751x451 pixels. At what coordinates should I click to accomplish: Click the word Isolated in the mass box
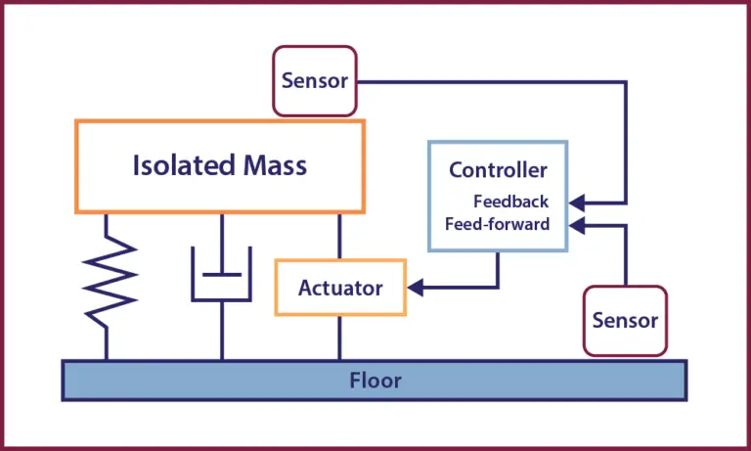coord(184,165)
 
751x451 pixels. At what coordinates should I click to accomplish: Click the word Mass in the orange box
coord(275,165)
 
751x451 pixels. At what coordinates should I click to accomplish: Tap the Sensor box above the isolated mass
coord(315,81)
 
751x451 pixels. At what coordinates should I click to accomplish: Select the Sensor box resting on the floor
coord(625,321)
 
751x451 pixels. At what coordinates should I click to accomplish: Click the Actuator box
coord(340,288)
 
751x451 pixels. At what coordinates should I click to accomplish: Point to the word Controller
coord(498,170)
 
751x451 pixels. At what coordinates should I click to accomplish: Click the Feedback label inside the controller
coord(511,202)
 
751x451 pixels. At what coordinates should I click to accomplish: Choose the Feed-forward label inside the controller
coord(497,224)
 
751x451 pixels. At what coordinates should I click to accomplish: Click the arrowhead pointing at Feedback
coord(577,203)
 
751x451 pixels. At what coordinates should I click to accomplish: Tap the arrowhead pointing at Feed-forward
coord(577,225)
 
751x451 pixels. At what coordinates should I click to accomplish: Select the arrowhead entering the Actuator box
coord(416,288)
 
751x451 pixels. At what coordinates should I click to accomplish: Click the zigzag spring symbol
coord(110,286)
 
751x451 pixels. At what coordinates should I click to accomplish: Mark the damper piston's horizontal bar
coord(222,275)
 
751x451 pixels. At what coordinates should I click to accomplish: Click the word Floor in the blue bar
coord(375,381)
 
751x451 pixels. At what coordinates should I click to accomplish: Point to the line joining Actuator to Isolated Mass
coord(339,237)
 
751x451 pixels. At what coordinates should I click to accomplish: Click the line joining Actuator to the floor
coord(339,338)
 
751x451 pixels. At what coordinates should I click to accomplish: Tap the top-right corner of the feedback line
coord(625,82)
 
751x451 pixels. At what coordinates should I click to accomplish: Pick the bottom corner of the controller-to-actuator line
coord(498,288)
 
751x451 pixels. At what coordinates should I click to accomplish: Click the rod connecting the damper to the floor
coord(222,331)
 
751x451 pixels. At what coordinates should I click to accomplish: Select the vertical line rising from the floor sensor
coord(625,255)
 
